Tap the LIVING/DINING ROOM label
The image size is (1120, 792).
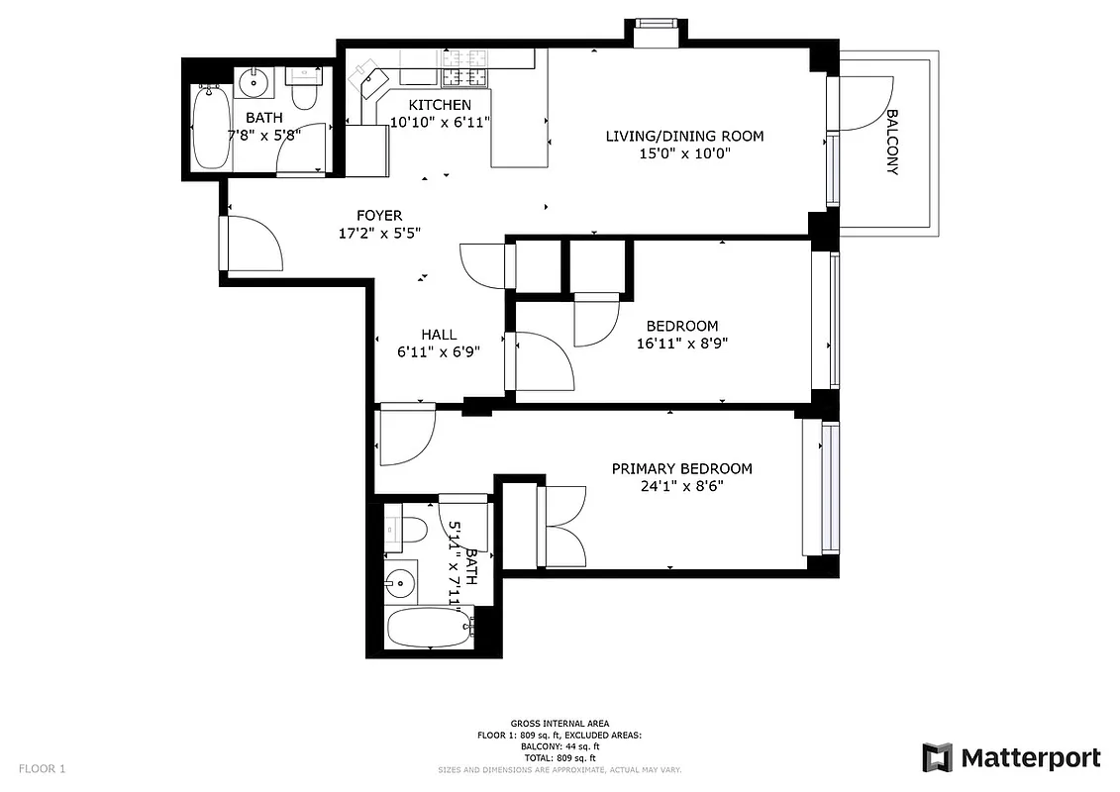coord(684,136)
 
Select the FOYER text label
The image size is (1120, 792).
coord(379,216)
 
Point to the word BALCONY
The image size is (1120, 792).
coord(891,142)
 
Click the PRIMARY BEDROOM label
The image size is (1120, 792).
coord(681,469)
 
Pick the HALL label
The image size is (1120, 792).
coord(438,335)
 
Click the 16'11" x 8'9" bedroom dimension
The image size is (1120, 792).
coord(682,345)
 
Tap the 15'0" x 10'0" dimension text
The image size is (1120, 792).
coord(684,154)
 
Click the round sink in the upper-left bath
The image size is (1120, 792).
coord(255,81)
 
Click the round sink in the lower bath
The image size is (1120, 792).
coord(400,582)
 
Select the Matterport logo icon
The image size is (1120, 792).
coord(937,758)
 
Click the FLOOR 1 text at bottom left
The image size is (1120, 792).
coord(42,768)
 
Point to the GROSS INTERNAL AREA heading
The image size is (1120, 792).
coord(560,724)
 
